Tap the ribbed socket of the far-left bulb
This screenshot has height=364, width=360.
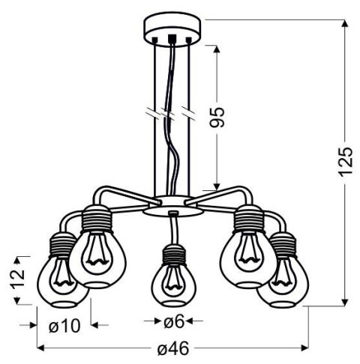[59, 243]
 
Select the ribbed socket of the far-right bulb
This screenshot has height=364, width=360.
[284, 243]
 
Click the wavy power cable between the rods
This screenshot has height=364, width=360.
[174, 150]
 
